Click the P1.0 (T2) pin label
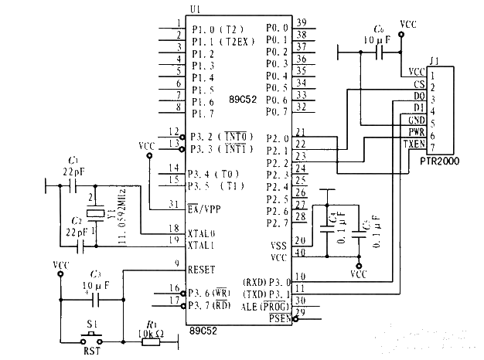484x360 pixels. (219, 32)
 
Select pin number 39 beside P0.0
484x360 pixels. (302, 22)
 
